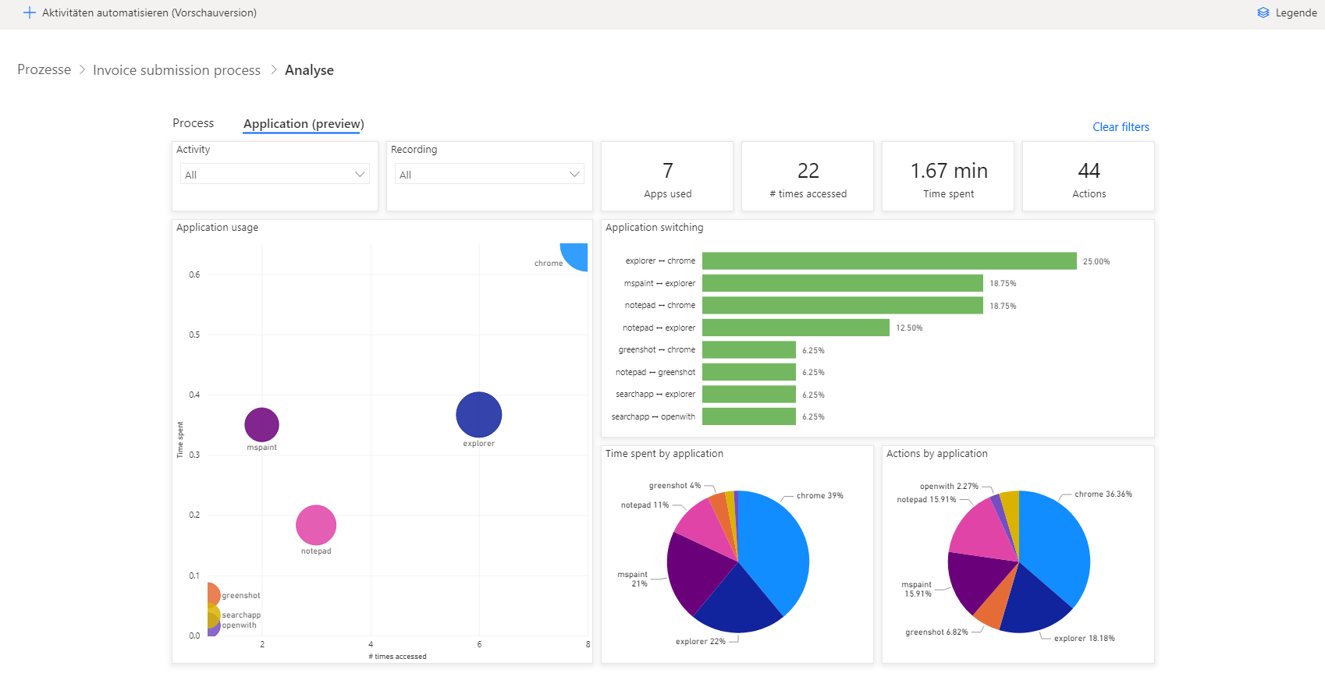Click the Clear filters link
point(1121,127)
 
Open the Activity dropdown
point(275,174)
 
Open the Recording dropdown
point(489,174)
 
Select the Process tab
point(193,123)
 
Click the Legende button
point(1288,12)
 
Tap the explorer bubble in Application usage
point(478,415)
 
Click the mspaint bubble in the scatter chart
point(261,424)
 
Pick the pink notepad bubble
point(316,525)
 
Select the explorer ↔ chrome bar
point(889,260)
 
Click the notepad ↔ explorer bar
point(795,328)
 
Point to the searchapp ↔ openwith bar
point(748,416)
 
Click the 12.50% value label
point(909,328)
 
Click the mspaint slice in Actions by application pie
point(979,581)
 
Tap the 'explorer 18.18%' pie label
point(1084,639)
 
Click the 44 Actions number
point(1089,171)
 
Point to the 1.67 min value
point(948,171)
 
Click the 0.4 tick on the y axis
point(194,395)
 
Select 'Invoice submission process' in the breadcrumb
point(176,70)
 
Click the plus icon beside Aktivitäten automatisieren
point(30,12)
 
